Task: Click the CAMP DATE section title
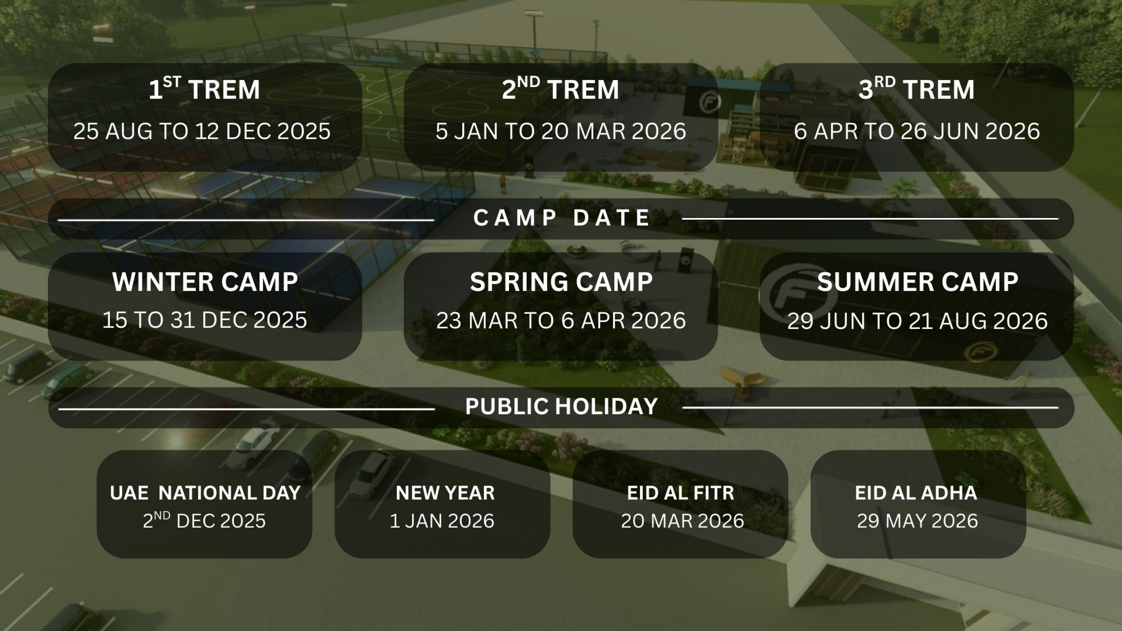pos(561,218)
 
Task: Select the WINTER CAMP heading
pos(205,282)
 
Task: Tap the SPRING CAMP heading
pos(561,282)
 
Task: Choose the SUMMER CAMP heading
pos(917,282)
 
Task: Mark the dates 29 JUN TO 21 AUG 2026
pos(917,321)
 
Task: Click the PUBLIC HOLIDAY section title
pos(561,406)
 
